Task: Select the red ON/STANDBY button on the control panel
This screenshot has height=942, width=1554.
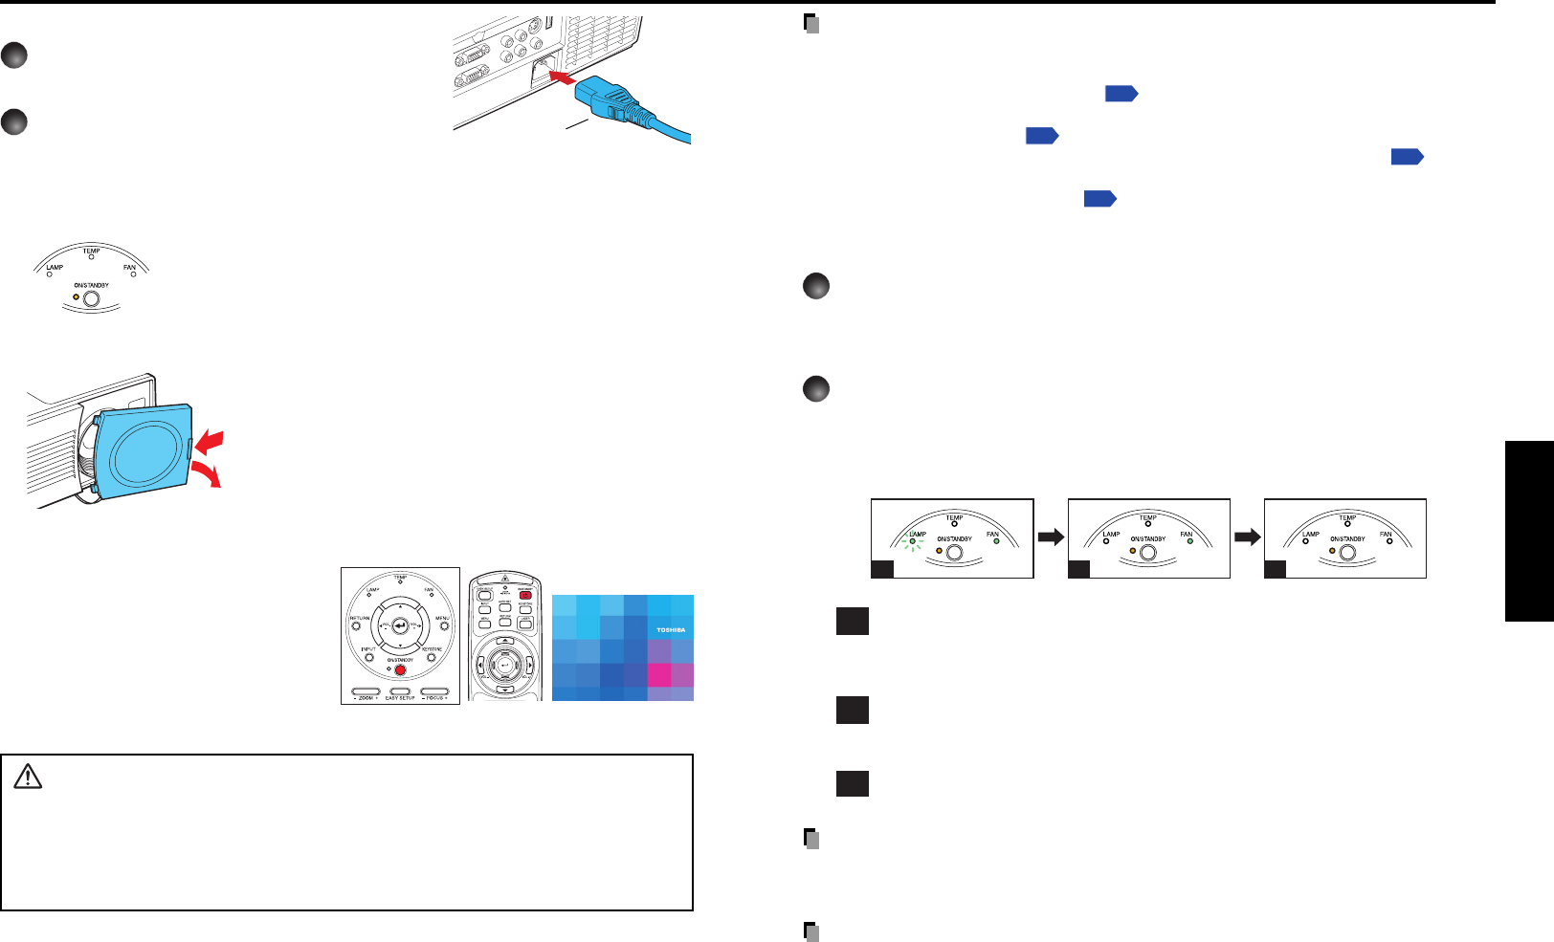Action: (x=400, y=669)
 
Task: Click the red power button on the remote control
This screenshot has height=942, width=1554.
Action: (x=524, y=595)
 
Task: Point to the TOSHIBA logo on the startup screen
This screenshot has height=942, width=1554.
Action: (x=670, y=630)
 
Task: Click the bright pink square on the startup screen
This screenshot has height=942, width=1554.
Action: (x=659, y=674)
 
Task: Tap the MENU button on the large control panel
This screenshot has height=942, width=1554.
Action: (x=444, y=626)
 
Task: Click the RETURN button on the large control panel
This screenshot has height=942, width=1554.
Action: (x=357, y=626)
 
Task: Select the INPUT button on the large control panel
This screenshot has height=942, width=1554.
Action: (x=369, y=658)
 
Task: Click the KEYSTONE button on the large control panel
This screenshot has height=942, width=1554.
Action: (x=432, y=658)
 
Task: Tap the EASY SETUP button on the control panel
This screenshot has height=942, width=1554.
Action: (x=400, y=691)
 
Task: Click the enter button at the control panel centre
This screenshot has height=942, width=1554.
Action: (x=400, y=625)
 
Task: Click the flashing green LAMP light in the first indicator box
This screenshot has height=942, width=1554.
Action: (x=913, y=542)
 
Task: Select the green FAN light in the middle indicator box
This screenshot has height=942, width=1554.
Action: (x=1190, y=541)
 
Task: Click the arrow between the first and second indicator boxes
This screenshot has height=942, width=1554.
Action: (x=1051, y=537)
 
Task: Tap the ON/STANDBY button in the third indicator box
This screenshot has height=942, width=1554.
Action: (x=1347, y=553)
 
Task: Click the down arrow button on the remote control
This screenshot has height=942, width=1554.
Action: (x=505, y=689)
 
